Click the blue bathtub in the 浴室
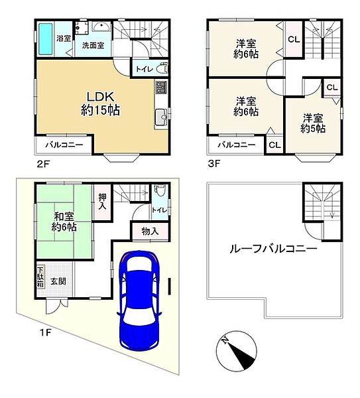click(x=46, y=39)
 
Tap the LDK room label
click(x=100, y=103)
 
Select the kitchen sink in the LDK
click(x=162, y=117)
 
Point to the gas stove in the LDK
click(x=161, y=87)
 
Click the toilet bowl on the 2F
click(x=162, y=69)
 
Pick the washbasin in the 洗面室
click(x=101, y=27)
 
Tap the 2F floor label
click(x=42, y=164)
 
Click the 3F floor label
click(x=214, y=164)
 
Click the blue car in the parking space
click(x=140, y=300)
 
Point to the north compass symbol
click(x=236, y=352)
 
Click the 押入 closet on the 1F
click(x=102, y=202)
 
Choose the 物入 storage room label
click(x=150, y=232)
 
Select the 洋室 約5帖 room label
click(x=313, y=123)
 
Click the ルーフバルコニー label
click(x=273, y=249)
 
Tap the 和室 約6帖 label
click(x=64, y=222)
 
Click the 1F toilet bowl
click(x=160, y=190)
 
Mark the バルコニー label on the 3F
click(x=237, y=145)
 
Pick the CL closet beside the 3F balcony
click(x=274, y=145)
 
